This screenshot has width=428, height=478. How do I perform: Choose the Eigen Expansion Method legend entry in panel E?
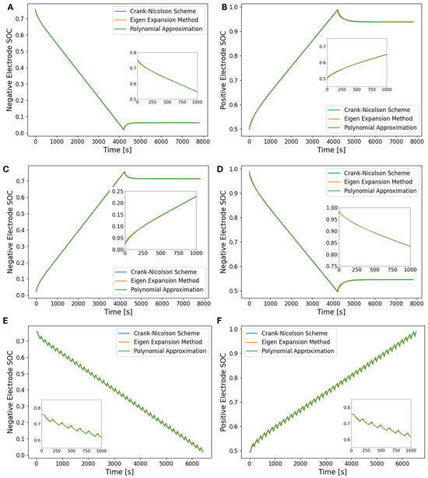[x=164, y=340]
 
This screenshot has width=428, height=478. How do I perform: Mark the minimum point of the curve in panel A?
[x=123, y=129]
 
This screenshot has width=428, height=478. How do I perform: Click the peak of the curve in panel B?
[x=337, y=11]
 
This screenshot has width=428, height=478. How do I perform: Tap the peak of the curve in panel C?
[x=124, y=172]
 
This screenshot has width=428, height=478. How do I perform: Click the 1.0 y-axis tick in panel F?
[x=234, y=330]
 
